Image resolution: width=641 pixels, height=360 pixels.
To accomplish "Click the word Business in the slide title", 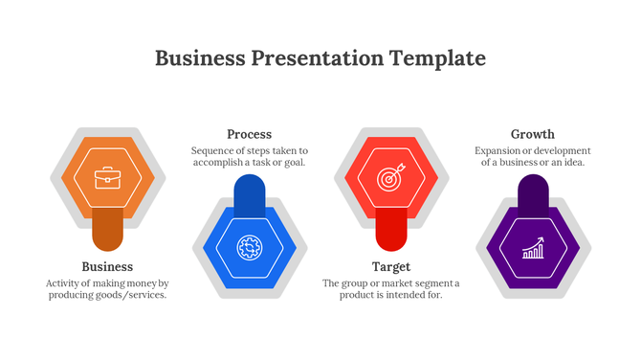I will pyautogui.click(x=199, y=58).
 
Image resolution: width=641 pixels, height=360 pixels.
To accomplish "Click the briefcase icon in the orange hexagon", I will pyautogui.click(x=107, y=178).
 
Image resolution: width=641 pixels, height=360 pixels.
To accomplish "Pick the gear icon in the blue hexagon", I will pyautogui.click(x=249, y=247).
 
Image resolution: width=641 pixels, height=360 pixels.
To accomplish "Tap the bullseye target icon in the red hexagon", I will pyautogui.click(x=390, y=178).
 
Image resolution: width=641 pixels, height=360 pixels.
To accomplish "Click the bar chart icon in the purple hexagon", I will pyautogui.click(x=532, y=249).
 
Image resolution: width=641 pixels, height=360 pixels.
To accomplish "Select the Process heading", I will pyautogui.click(x=249, y=134).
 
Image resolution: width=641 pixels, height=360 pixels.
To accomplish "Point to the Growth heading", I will pyautogui.click(x=532, y=134).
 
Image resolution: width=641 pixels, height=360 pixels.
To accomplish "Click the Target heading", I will pyautogui.click(x=390, y=266).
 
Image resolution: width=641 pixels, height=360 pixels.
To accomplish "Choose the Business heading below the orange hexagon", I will pyautogui.click(x=107, y=266).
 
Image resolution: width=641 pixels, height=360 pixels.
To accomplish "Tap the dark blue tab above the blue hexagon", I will pyautogui.click(x=249, y=193).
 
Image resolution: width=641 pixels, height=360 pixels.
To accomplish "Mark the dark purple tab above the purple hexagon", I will pyautogui.click(x=532, y=193).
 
